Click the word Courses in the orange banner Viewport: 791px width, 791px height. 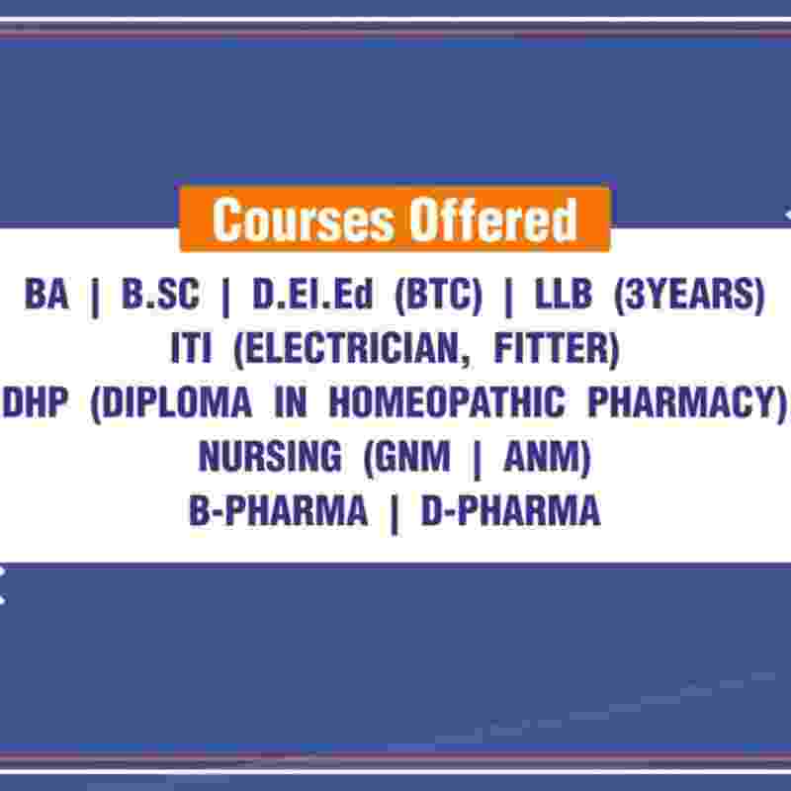(303, 220)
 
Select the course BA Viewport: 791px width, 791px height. (46, 294)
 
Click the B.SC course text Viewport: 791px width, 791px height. (160, 294)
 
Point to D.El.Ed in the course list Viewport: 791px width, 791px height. (312, 294)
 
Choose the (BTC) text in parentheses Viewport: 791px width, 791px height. (439, 295)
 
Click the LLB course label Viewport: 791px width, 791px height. (563, 294)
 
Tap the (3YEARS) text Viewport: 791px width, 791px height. (689, 295)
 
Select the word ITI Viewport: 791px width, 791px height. (191, 348)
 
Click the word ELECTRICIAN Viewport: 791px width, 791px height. (352, 349)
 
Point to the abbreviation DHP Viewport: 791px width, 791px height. (36, 402)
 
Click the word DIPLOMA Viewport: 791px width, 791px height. (171, 403)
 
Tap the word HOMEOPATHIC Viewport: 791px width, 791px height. (447, 402)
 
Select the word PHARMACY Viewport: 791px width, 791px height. (687, 403)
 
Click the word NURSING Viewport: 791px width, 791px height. (270, 456)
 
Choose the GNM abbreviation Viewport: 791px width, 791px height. (406, 457)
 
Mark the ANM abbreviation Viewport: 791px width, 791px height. (548, 457)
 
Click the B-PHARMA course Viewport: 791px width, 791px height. (279, 510)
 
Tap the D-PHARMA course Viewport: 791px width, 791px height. (510, 510)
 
